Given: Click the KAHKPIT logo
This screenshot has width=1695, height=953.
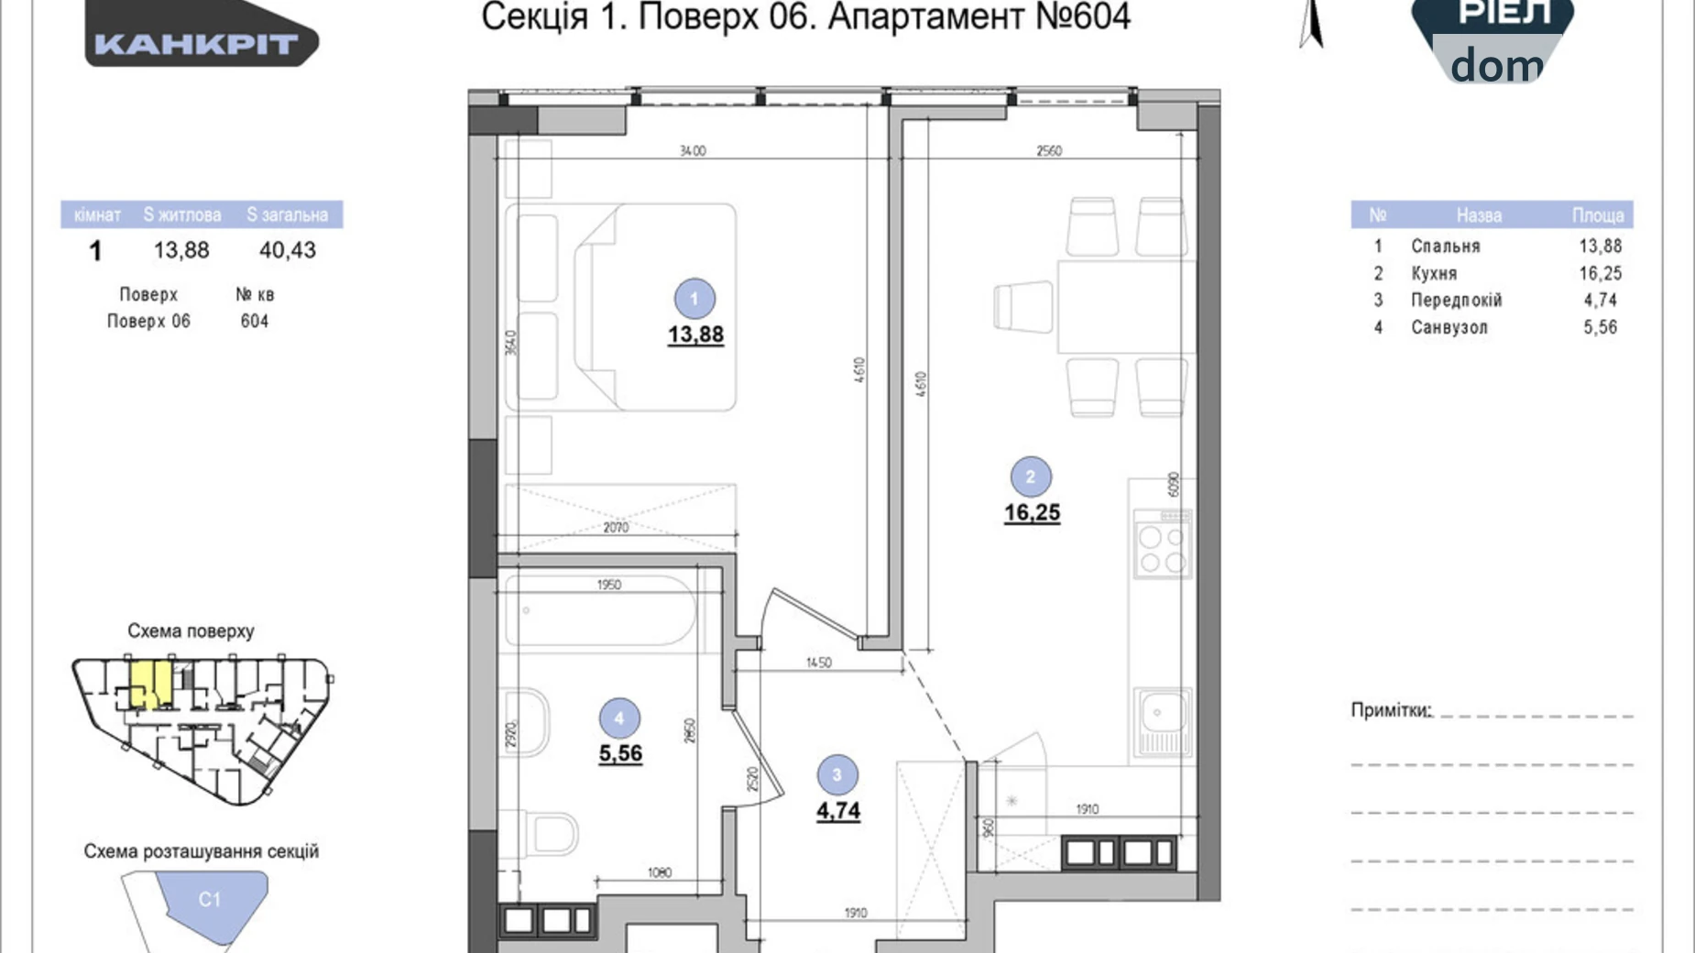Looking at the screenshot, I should (198, 43).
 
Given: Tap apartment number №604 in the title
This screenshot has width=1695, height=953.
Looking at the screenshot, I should (1083, 16).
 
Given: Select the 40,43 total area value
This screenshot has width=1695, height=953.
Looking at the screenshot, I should (287, 250).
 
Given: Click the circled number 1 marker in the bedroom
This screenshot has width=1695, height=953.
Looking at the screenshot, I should (694, 299).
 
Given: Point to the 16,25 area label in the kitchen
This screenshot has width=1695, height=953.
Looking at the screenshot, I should (1032, 512).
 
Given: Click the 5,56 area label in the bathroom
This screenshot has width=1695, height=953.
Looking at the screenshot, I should (620, 753).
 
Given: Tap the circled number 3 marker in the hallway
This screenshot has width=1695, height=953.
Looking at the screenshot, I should (837, 775).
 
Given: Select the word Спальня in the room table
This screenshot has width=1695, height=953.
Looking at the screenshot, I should (1445, 246).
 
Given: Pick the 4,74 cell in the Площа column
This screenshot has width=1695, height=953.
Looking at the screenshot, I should (1600, 300).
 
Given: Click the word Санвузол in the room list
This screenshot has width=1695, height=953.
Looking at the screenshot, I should (1449, 327).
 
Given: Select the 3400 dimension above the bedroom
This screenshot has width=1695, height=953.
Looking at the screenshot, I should (693, 150).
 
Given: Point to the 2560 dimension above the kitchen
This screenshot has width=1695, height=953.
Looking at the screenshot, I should (1049, 150).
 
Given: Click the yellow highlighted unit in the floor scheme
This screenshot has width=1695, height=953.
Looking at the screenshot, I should (148, 684).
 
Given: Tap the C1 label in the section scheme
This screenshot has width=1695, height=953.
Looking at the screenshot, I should (210, 899).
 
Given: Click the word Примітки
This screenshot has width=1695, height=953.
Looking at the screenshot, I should (1390, 710).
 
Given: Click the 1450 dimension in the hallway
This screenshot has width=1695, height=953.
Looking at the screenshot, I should (818, 662).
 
